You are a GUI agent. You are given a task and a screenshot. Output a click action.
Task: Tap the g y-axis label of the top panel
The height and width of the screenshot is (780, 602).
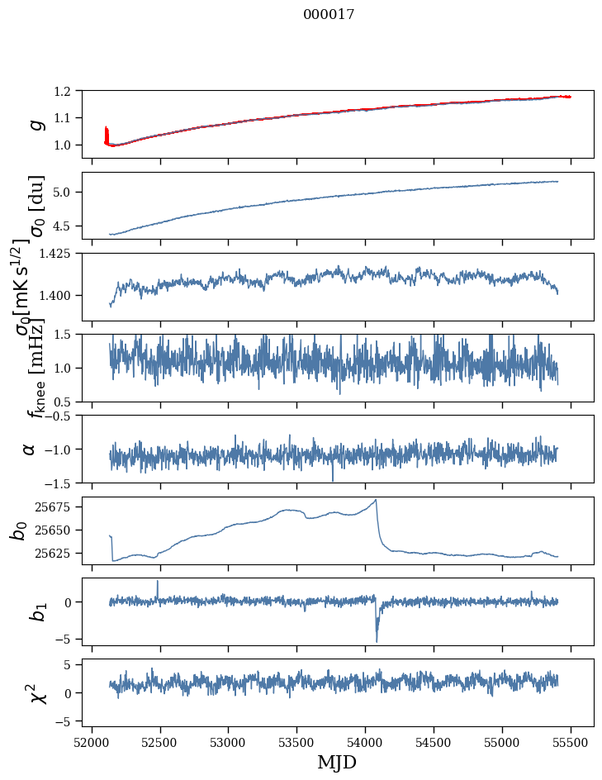click(x=35, y=125)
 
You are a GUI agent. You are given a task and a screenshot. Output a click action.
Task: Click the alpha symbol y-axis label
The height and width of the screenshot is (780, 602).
click(x=29, y=449)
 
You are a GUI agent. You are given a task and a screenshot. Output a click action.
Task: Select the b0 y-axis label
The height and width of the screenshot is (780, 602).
click(x=18, y=530)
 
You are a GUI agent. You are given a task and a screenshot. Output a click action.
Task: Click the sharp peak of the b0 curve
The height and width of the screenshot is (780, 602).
click(x=376, y=500)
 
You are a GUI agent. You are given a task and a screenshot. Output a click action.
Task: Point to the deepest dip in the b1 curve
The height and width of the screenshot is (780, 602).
click(x=377, y=641)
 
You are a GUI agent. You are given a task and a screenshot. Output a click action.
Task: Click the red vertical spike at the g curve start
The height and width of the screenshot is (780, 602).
click(x=106, y=132)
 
